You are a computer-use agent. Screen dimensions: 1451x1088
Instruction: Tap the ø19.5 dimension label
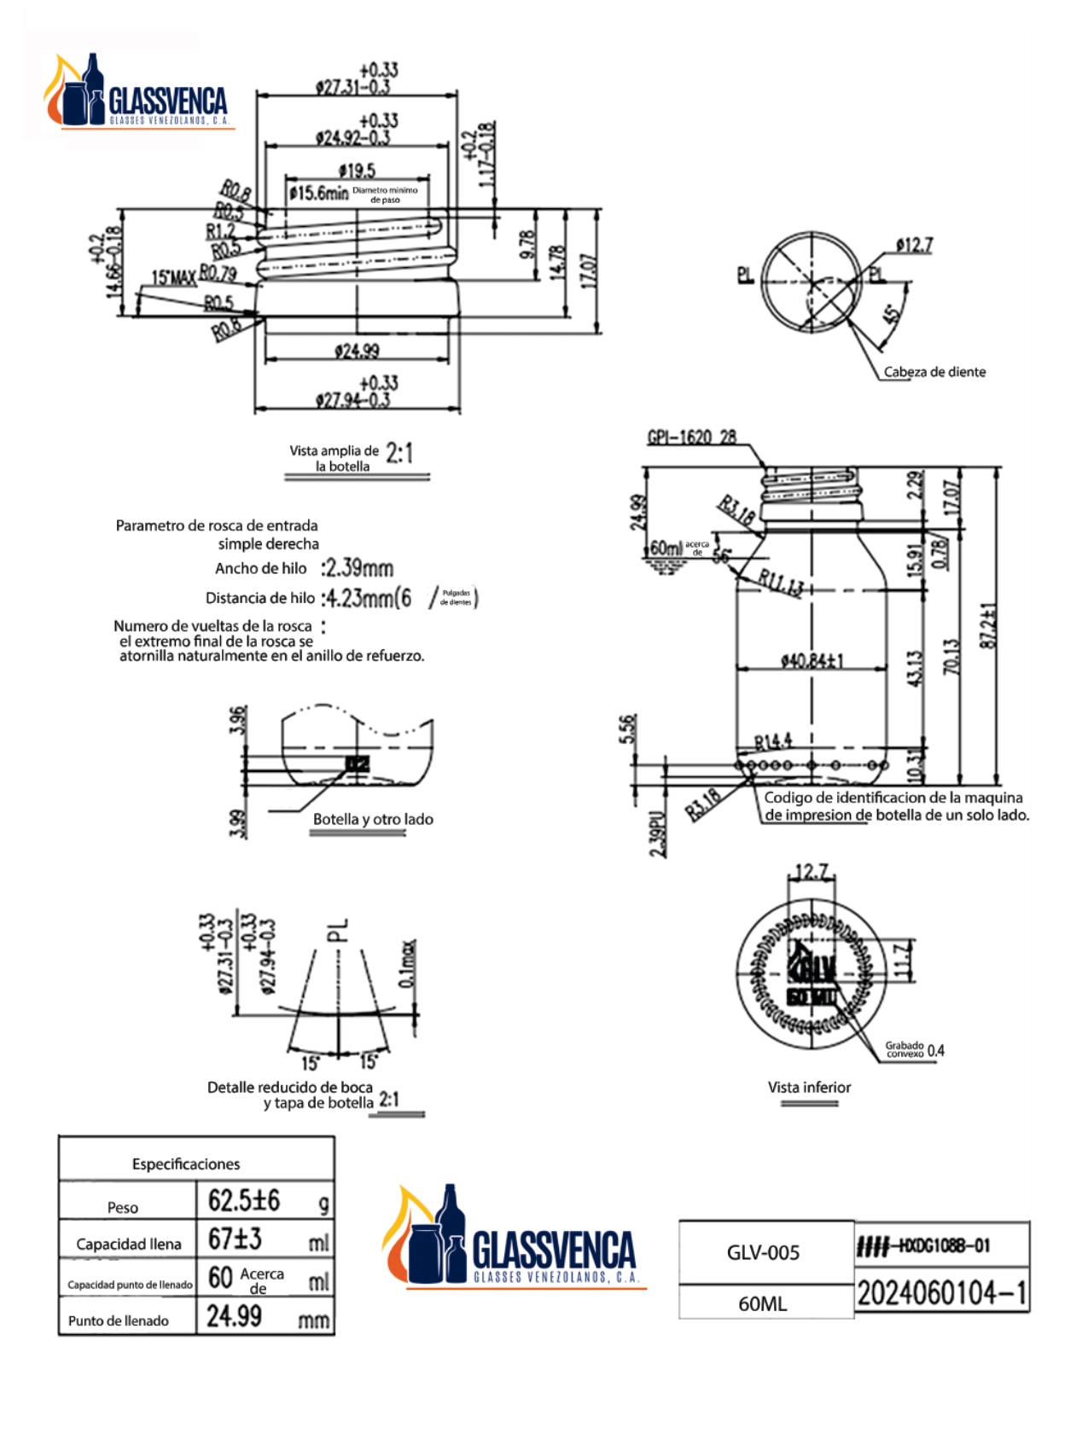[x=357, y=171]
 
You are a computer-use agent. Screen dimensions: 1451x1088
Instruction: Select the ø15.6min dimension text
[x=318, y=194]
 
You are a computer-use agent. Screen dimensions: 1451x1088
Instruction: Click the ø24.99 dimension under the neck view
[x=357, y=351]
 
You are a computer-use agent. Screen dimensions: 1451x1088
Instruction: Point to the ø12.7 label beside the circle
[x=914, y=246]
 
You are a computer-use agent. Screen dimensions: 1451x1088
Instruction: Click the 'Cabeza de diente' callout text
[x=934, y=372]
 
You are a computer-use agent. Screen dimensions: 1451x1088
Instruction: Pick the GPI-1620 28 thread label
[x=691, y=438]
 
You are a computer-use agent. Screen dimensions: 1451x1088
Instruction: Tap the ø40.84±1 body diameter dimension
[x=812, y=660]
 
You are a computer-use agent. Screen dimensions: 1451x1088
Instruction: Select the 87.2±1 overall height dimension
[x=988, y=625]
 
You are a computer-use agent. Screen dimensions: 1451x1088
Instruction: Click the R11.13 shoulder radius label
[x=780, y=583]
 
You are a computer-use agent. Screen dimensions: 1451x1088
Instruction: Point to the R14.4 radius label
[x=773, y=740]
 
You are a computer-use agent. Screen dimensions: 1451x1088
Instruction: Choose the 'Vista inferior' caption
[x=809, y=1087]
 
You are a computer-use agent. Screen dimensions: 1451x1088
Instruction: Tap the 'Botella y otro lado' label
[x=373, y=819]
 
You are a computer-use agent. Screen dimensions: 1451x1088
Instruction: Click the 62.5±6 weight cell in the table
[x=244, y=1201]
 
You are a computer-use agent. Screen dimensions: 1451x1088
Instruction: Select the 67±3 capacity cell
[x=236, y=1239]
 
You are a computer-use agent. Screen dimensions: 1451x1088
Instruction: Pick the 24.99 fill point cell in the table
[x=235, y=1316]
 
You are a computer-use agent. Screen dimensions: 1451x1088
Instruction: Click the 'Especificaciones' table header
[x=186, y=1164]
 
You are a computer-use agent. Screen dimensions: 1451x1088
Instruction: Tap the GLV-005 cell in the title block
[x=763, y=1252]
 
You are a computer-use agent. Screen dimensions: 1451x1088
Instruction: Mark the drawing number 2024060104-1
[x=941, y=1293]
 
